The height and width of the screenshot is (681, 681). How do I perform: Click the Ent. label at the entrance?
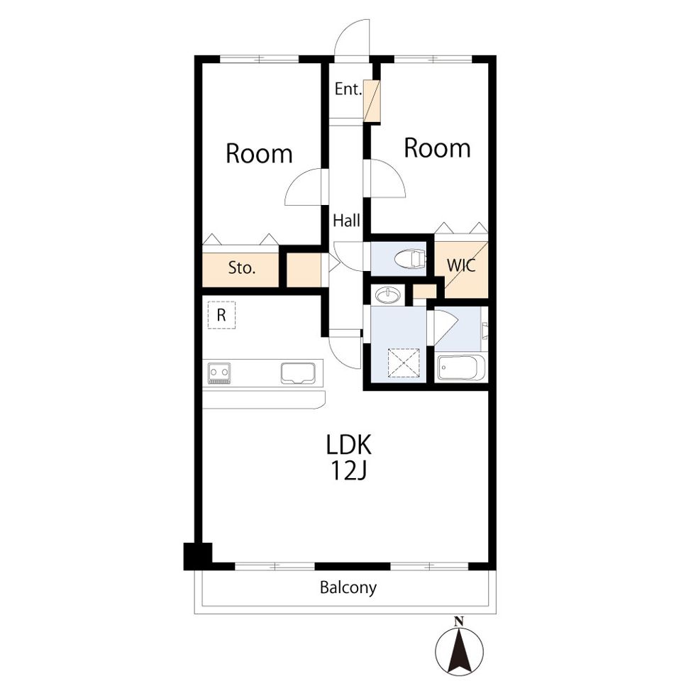[x=348, y=89]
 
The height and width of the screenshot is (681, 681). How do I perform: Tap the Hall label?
[x=346, y=221]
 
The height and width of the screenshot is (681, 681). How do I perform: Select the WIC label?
[x=461, y=265]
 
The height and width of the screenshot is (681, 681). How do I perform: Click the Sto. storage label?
[x=241, y=268]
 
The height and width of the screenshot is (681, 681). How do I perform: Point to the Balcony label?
[x=348, y=588]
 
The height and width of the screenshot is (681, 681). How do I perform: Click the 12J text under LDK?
[x=349, y=470]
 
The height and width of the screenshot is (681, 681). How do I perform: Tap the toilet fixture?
[x=410, y=259]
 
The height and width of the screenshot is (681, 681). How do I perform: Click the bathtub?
[x=460, y=368]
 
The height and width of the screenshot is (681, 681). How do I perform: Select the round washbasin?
[x=388, y=295]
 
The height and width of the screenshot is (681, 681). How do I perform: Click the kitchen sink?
[x=298, y=373]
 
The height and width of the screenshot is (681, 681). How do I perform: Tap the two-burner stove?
[x=219, y=373]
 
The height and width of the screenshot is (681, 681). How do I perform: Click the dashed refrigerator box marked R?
[x=221, y=315]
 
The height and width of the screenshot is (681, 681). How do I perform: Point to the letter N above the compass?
[x=458, y=621]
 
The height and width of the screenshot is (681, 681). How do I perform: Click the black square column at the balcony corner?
[x=198, y=556]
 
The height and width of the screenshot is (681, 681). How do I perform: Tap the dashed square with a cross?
[x=404, y=362]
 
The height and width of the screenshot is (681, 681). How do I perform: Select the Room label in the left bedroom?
[x=260, y=154]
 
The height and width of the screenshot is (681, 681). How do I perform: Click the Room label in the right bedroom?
[x=438, y=148]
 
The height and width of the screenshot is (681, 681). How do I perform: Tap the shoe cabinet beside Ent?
[x=372, y=101]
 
